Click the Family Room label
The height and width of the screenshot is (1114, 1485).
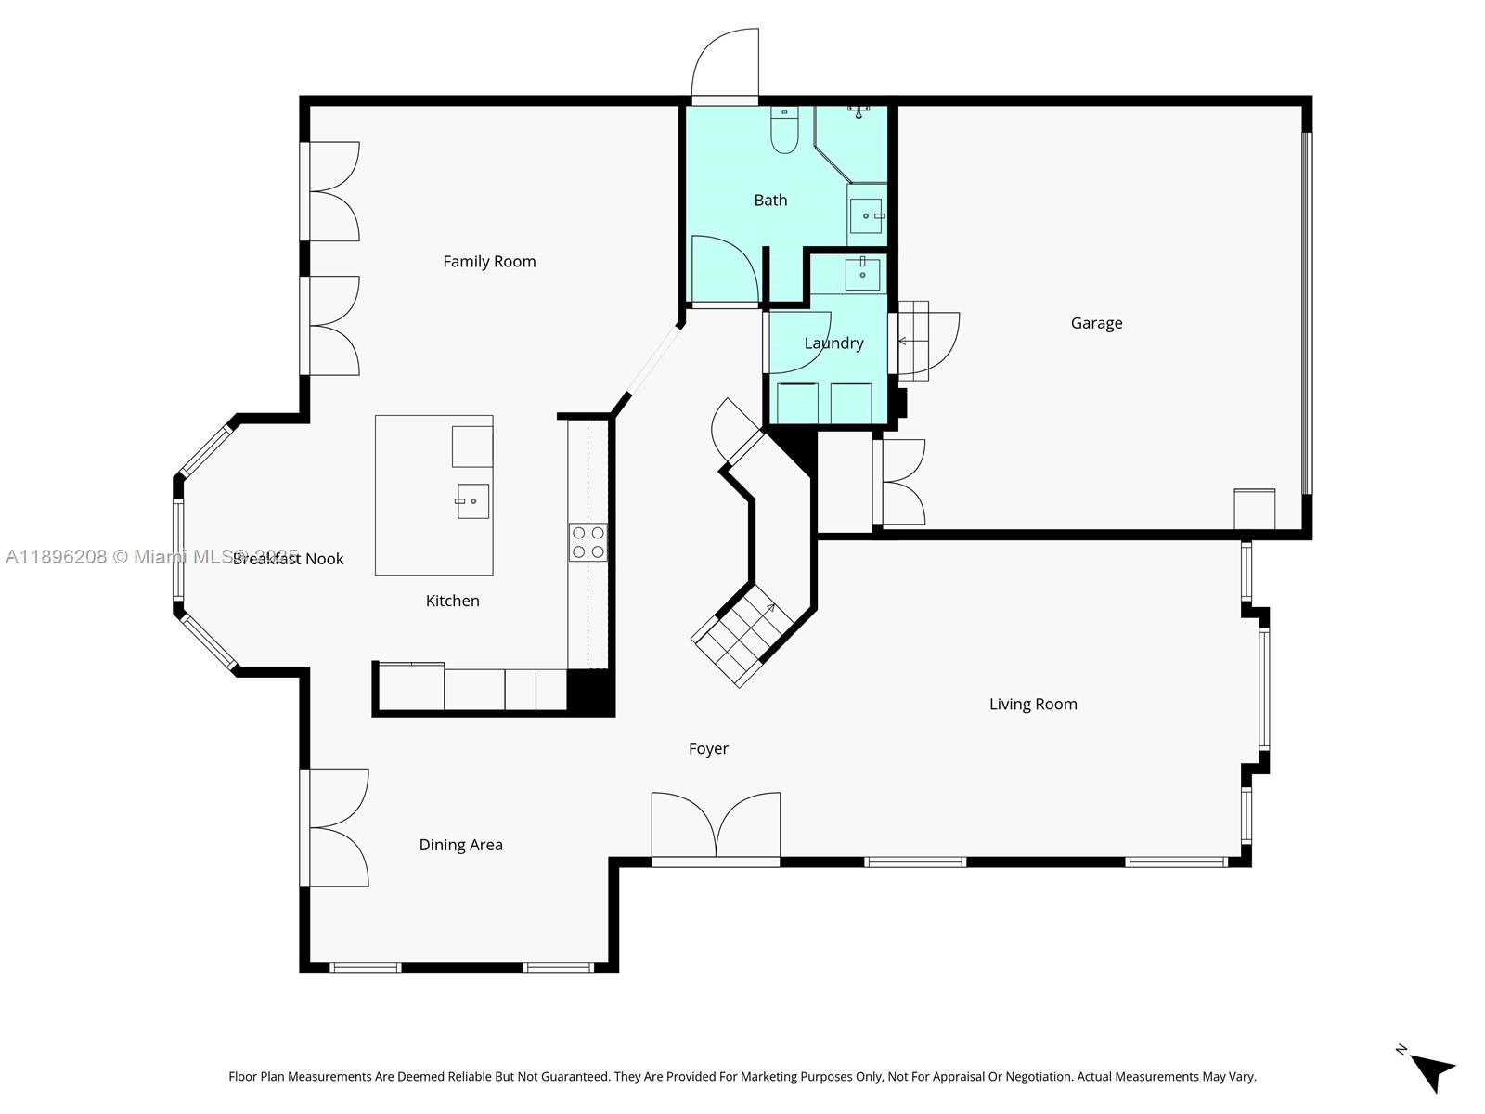pos(489,262)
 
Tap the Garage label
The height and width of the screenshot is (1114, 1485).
pos(1096,323)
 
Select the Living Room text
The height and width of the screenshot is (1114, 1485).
pos(1033,705)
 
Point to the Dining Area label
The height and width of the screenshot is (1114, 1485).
pos(460,845)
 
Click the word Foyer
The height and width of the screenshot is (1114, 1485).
pos(708,749)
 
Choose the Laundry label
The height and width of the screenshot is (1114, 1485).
pos(833,343)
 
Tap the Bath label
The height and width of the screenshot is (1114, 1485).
pos(770,201)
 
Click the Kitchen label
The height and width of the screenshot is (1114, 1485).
pos(452,602)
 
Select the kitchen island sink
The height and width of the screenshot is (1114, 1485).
pos(472,501)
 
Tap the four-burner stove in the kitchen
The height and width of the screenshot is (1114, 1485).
pos(588,542)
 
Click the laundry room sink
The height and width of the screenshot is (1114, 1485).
pos(862,274)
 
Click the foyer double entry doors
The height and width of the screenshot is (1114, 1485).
pos(716,826)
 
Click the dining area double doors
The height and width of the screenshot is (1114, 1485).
pos(336,827)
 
